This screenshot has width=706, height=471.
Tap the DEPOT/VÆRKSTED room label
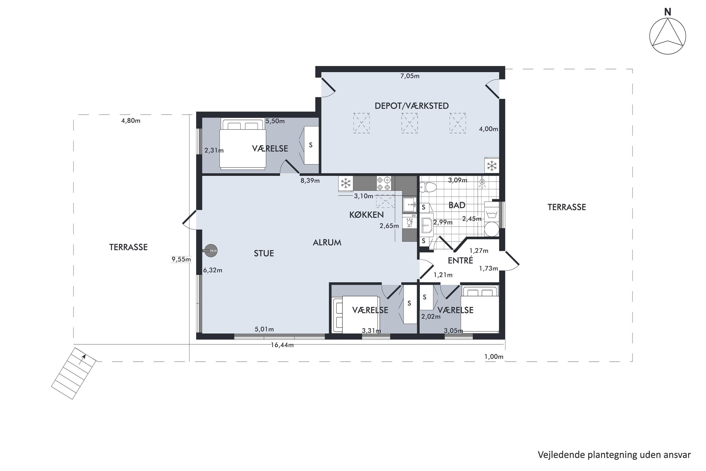click(x=412, y=106)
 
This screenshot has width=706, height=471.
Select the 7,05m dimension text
click(x=410, y=76)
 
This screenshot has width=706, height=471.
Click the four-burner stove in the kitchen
click(x=384, y=183)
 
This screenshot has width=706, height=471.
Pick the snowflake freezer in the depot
click(x=492, y=166)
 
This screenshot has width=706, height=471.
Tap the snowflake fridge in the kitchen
click(x=345, y=183)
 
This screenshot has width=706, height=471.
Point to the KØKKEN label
click(x=366, y=215)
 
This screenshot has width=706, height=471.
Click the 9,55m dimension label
click(x=181, y=259)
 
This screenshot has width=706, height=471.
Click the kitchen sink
click(x=409, y=205)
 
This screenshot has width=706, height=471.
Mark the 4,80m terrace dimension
click(x=131, y=121)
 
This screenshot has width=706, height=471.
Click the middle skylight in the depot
click(x=409, y=123)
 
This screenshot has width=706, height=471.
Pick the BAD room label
click(x=457, y=205)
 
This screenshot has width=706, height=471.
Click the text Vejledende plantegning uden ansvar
click(x=614, y=455)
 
